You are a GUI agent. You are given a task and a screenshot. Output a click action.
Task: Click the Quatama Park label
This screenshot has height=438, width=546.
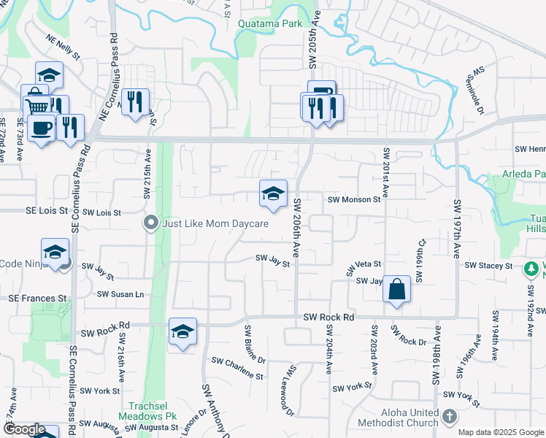pyautogui.click(x=269, y=23)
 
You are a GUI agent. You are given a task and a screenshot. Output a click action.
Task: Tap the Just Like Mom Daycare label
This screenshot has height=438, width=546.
pyautogui.click(x=215, y=223)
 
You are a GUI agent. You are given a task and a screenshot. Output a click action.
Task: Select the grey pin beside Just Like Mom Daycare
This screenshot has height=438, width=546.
pyautogui.click(x=151, y=222)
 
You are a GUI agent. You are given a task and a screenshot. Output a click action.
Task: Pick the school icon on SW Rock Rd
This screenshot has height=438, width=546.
pyautogui.click(x=182, y=332)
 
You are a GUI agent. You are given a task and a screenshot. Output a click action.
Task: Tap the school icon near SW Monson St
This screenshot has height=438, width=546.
pyautogui.click(x=273, y=193)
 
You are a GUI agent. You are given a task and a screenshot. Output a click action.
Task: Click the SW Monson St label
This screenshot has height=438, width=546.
pyautogui.click(x=355, y=199)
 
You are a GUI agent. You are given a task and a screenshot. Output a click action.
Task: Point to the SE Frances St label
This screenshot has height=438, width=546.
pyautogui.click(x=37, y=299)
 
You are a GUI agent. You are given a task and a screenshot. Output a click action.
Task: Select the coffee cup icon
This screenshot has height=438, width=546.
pyautogui.click(x=40, y=128)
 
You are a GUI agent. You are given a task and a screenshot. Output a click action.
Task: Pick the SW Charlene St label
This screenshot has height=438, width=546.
pyautogui.click(x=237, y=369)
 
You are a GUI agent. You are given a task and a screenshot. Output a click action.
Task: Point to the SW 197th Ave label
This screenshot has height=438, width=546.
pyautogui.click(x=457, y=221)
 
